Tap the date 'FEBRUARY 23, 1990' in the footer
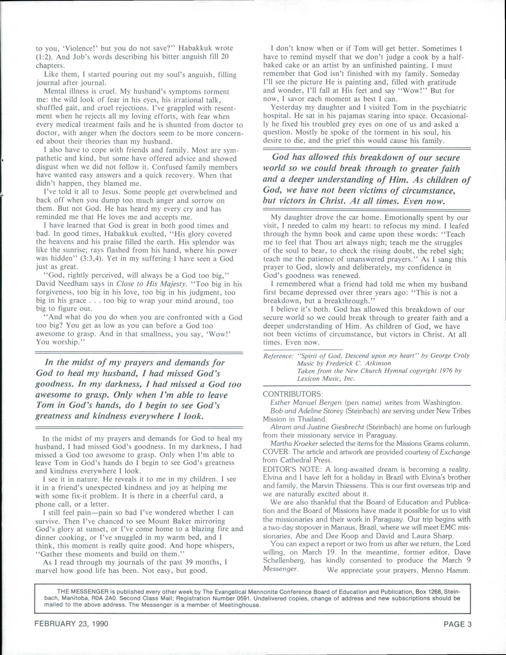point(71,624)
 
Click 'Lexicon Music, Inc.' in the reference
point(326,378)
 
